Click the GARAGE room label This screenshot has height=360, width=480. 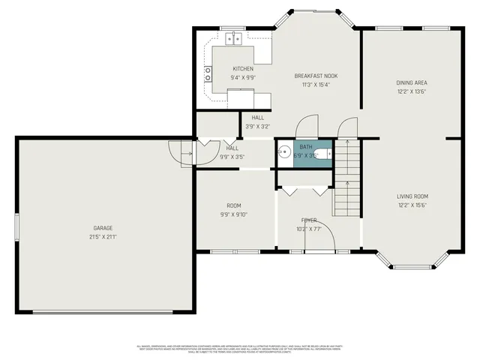click(103, 228)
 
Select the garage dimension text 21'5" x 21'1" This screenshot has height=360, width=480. click(103, 236)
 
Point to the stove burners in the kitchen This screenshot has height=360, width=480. click(208, 73)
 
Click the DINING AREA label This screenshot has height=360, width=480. click(412, 82)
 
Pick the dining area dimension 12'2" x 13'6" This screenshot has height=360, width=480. click(412, 91)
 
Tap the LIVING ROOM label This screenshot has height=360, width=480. click(412, 196)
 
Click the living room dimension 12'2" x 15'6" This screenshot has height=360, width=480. click(412, 205)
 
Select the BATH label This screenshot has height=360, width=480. click(306, 148)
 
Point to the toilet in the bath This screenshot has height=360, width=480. click(322, 155)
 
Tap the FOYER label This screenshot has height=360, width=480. click(308, 220)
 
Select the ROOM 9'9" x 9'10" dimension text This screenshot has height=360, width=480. click(233, 214)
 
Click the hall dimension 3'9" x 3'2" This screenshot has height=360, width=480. click(257, 127)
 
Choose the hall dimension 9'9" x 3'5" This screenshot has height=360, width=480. click(232, 157)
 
